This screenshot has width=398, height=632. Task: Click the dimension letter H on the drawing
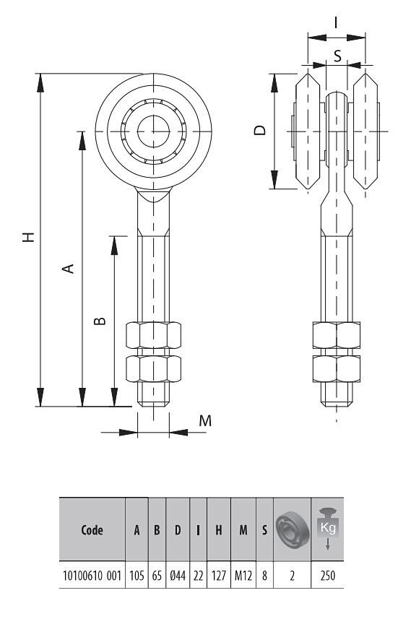[29, 237]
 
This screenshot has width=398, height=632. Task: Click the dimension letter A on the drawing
[69, 269]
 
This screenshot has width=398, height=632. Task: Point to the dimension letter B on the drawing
[99, 321]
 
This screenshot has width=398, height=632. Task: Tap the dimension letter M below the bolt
[205, 421]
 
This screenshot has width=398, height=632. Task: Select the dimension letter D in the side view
[261, 130]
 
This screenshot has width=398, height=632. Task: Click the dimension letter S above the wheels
[337, 56]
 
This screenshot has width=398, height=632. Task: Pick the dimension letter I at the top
[336, 22]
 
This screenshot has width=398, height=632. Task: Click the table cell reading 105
[137, 575]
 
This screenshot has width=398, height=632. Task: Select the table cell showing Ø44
[178, 575]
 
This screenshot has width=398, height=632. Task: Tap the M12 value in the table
[243, 575]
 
